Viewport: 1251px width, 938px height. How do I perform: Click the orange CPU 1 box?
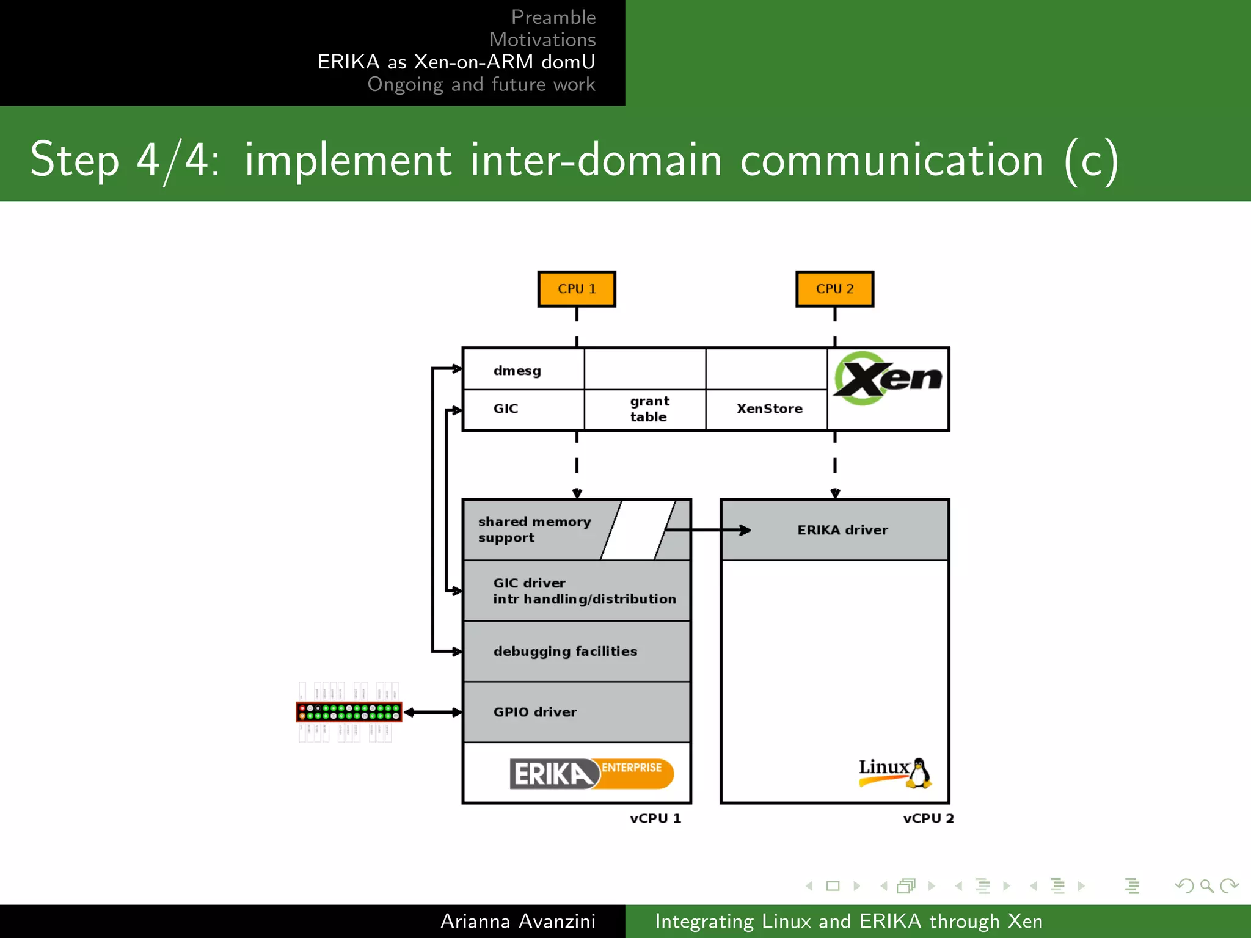click(577, 289)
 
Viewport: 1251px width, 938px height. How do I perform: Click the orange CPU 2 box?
click(834, 289)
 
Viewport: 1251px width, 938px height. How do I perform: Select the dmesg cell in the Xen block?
click(517, 371)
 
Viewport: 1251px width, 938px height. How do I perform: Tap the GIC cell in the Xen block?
click(506, 409)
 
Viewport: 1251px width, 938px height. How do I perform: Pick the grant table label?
click(649, 409)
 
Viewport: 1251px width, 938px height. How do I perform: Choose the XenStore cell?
click(769, 409)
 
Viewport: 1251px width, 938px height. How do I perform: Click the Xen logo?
click(888, 379)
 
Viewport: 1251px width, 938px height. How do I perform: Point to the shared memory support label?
click(534, 529)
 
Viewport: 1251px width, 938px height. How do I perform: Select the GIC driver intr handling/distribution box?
click(577, 591)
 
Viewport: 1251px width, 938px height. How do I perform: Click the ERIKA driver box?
click(842, 530)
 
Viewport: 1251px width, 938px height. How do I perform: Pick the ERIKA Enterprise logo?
click(591, 773)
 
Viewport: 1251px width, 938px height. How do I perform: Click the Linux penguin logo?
click(895, 773)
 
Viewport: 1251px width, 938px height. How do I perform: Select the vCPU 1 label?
click(655, 818)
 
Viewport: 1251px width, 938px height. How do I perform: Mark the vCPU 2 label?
click(928, 818)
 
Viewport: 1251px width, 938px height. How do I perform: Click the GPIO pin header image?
click(349, 712)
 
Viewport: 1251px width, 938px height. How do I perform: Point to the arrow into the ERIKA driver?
click(709, 530)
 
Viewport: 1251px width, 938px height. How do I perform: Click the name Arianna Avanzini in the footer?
click(517, 921)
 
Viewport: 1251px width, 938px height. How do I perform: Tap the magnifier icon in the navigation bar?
click(1206, 885)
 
